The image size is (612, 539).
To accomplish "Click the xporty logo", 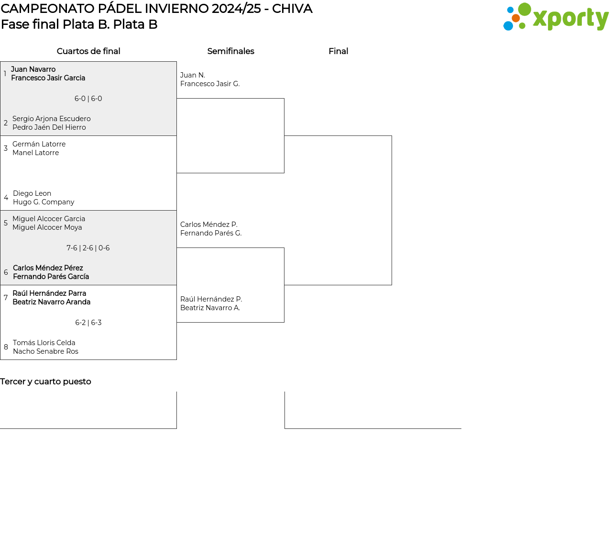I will [556, 17].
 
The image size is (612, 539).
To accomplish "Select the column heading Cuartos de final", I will [88, 51].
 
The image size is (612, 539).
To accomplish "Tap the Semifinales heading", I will [230, 51].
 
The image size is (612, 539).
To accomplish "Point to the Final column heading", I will [338, 51].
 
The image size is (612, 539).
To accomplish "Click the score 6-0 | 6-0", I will [88, 99].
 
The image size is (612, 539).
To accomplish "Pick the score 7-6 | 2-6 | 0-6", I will [88, 248].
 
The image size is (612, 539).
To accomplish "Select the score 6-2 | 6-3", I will [88, 323].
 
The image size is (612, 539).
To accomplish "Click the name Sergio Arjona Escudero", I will [51, 119].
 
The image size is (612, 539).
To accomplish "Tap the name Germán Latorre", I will [39, 144].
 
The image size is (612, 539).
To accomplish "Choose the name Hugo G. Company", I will [44, 202].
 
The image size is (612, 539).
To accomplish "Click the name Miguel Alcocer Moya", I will [47, 227].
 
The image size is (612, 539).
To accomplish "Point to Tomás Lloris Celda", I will [44, 343].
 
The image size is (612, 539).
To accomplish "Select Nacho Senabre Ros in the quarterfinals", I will [45, 351].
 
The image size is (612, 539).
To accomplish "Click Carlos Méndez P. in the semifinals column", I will [208, 225].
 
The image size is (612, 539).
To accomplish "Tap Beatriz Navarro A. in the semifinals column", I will [210, 308].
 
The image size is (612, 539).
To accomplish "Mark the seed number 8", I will [6, 347].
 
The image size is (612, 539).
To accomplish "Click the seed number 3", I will [6, 148].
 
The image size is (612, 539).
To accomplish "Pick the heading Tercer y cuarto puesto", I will [45, 382].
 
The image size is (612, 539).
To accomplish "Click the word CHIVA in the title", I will [292, 9].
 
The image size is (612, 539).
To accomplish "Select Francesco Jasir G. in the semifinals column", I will [210, 84].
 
